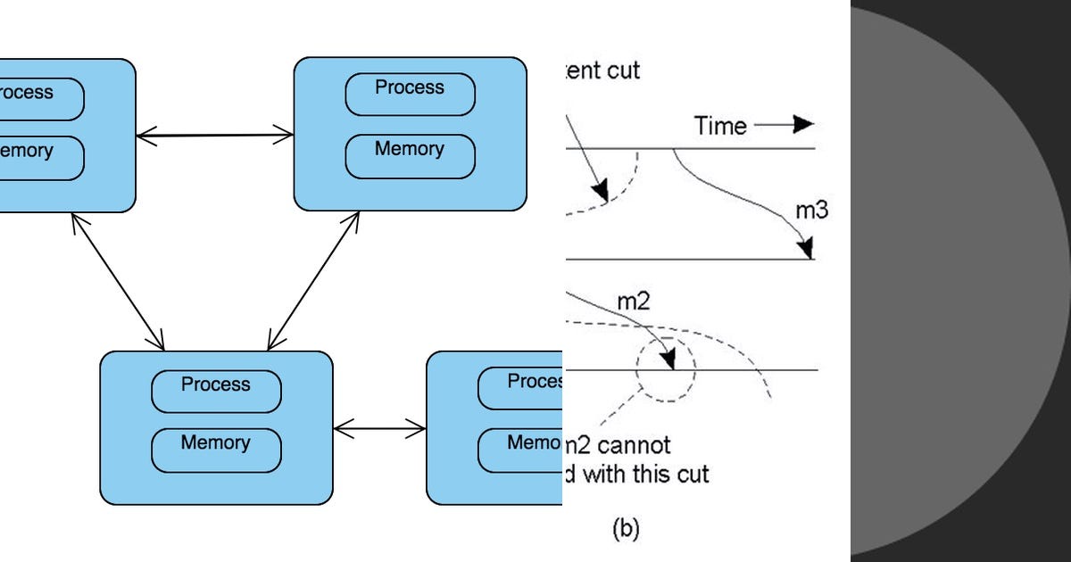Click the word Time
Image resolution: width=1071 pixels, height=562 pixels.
[720, 126]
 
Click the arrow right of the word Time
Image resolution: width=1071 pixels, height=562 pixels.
[785, 125]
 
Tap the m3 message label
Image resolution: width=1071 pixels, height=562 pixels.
[810, 211]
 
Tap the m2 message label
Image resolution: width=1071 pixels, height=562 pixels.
[634, 301]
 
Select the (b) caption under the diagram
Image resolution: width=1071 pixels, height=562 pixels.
[626, 528]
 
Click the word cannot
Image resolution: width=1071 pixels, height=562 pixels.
[632, 443]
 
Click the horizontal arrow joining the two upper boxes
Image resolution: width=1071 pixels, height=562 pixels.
[215, 136]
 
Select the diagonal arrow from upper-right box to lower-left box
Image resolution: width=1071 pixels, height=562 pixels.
[313, 280]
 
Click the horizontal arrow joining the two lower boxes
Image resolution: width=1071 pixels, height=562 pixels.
[379, 429]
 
